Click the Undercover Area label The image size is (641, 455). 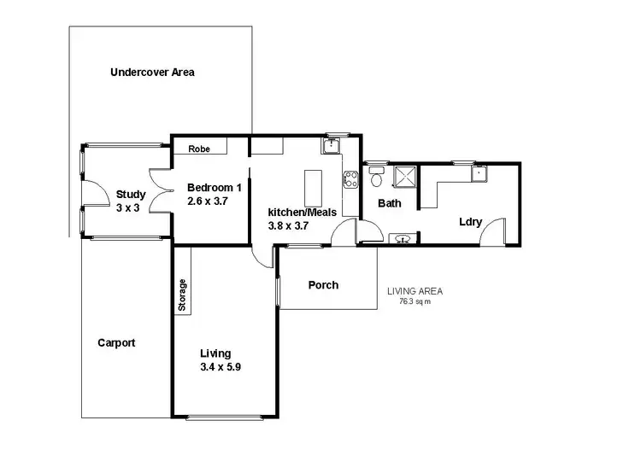click(x=152, y=73)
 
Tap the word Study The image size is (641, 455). click(x=131, y=195)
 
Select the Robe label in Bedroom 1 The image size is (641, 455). click(x=199, y=149)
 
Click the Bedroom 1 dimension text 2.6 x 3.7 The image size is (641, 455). click(x=209, y=201)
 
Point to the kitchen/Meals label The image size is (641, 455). click(x=303, y=212)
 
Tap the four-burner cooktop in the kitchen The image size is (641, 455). click(x=350, y=179)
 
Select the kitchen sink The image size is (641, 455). click(x=331, y=148)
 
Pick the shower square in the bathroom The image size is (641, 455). click(x=403, y=176)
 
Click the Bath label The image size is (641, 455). click(x=389, y=203)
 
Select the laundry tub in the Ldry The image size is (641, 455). click(x=479, y=174)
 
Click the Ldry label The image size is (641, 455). click(x=470, y=222)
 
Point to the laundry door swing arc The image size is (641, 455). click(x=494, y=233)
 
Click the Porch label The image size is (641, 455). click(x=323, y=285)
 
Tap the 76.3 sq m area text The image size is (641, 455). click(x=415, y=301)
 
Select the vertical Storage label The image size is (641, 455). click(x=182, y=295)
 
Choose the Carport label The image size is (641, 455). click(x=116, y=342)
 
